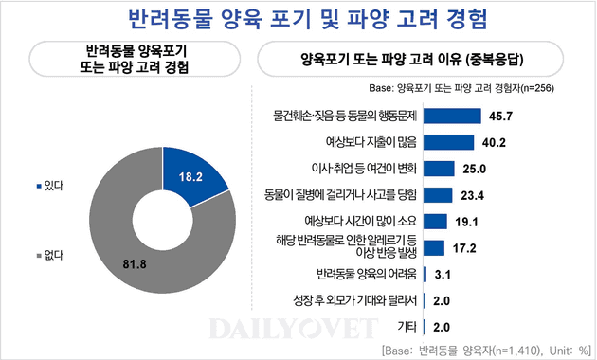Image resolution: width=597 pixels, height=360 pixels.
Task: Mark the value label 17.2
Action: pos(462,248)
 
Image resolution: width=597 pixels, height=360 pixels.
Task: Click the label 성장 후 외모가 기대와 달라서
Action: pos(356,301)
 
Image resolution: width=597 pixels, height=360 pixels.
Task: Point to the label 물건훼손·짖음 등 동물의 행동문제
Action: pos(345,116)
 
